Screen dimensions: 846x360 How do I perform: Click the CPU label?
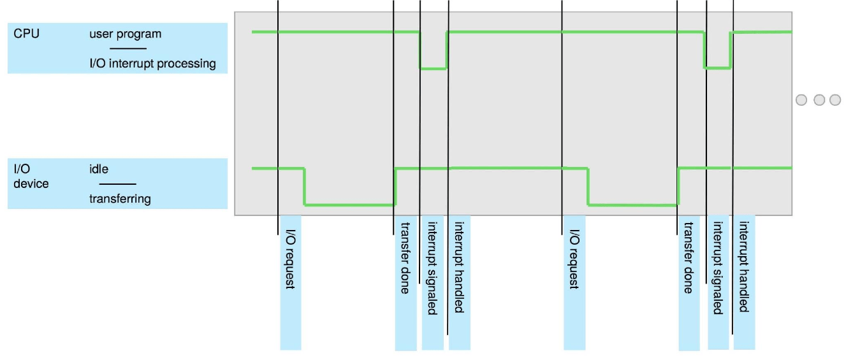[26, 34]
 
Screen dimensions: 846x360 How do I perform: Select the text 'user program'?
[126, 34]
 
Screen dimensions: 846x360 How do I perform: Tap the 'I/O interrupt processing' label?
[152, 63]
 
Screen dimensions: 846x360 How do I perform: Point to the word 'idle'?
[99, 169]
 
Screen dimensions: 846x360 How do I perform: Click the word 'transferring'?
[120, 199]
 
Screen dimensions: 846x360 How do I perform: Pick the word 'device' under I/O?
[31, 184]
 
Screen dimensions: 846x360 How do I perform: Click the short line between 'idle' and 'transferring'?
[118, 184]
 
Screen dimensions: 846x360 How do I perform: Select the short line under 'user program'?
[128, 48]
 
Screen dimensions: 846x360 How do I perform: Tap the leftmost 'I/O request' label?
[291, 259]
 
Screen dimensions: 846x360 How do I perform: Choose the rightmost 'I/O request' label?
[574, 259]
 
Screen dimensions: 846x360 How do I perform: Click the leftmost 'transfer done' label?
[405, 258]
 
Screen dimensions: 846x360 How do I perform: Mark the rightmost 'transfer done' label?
[689, 258]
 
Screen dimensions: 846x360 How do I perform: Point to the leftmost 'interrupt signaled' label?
[432, 268]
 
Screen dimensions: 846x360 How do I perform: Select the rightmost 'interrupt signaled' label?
[718, 268]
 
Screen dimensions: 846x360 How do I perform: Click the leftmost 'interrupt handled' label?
[459, 267]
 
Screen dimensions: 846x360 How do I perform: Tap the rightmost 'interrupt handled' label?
[744, 267]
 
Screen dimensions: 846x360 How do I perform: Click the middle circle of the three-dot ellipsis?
[819, 100]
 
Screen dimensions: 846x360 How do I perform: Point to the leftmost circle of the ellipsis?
[801, 100]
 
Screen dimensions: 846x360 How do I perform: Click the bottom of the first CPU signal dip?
[433, 69]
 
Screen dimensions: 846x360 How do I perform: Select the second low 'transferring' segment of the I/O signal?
[633, 205]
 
